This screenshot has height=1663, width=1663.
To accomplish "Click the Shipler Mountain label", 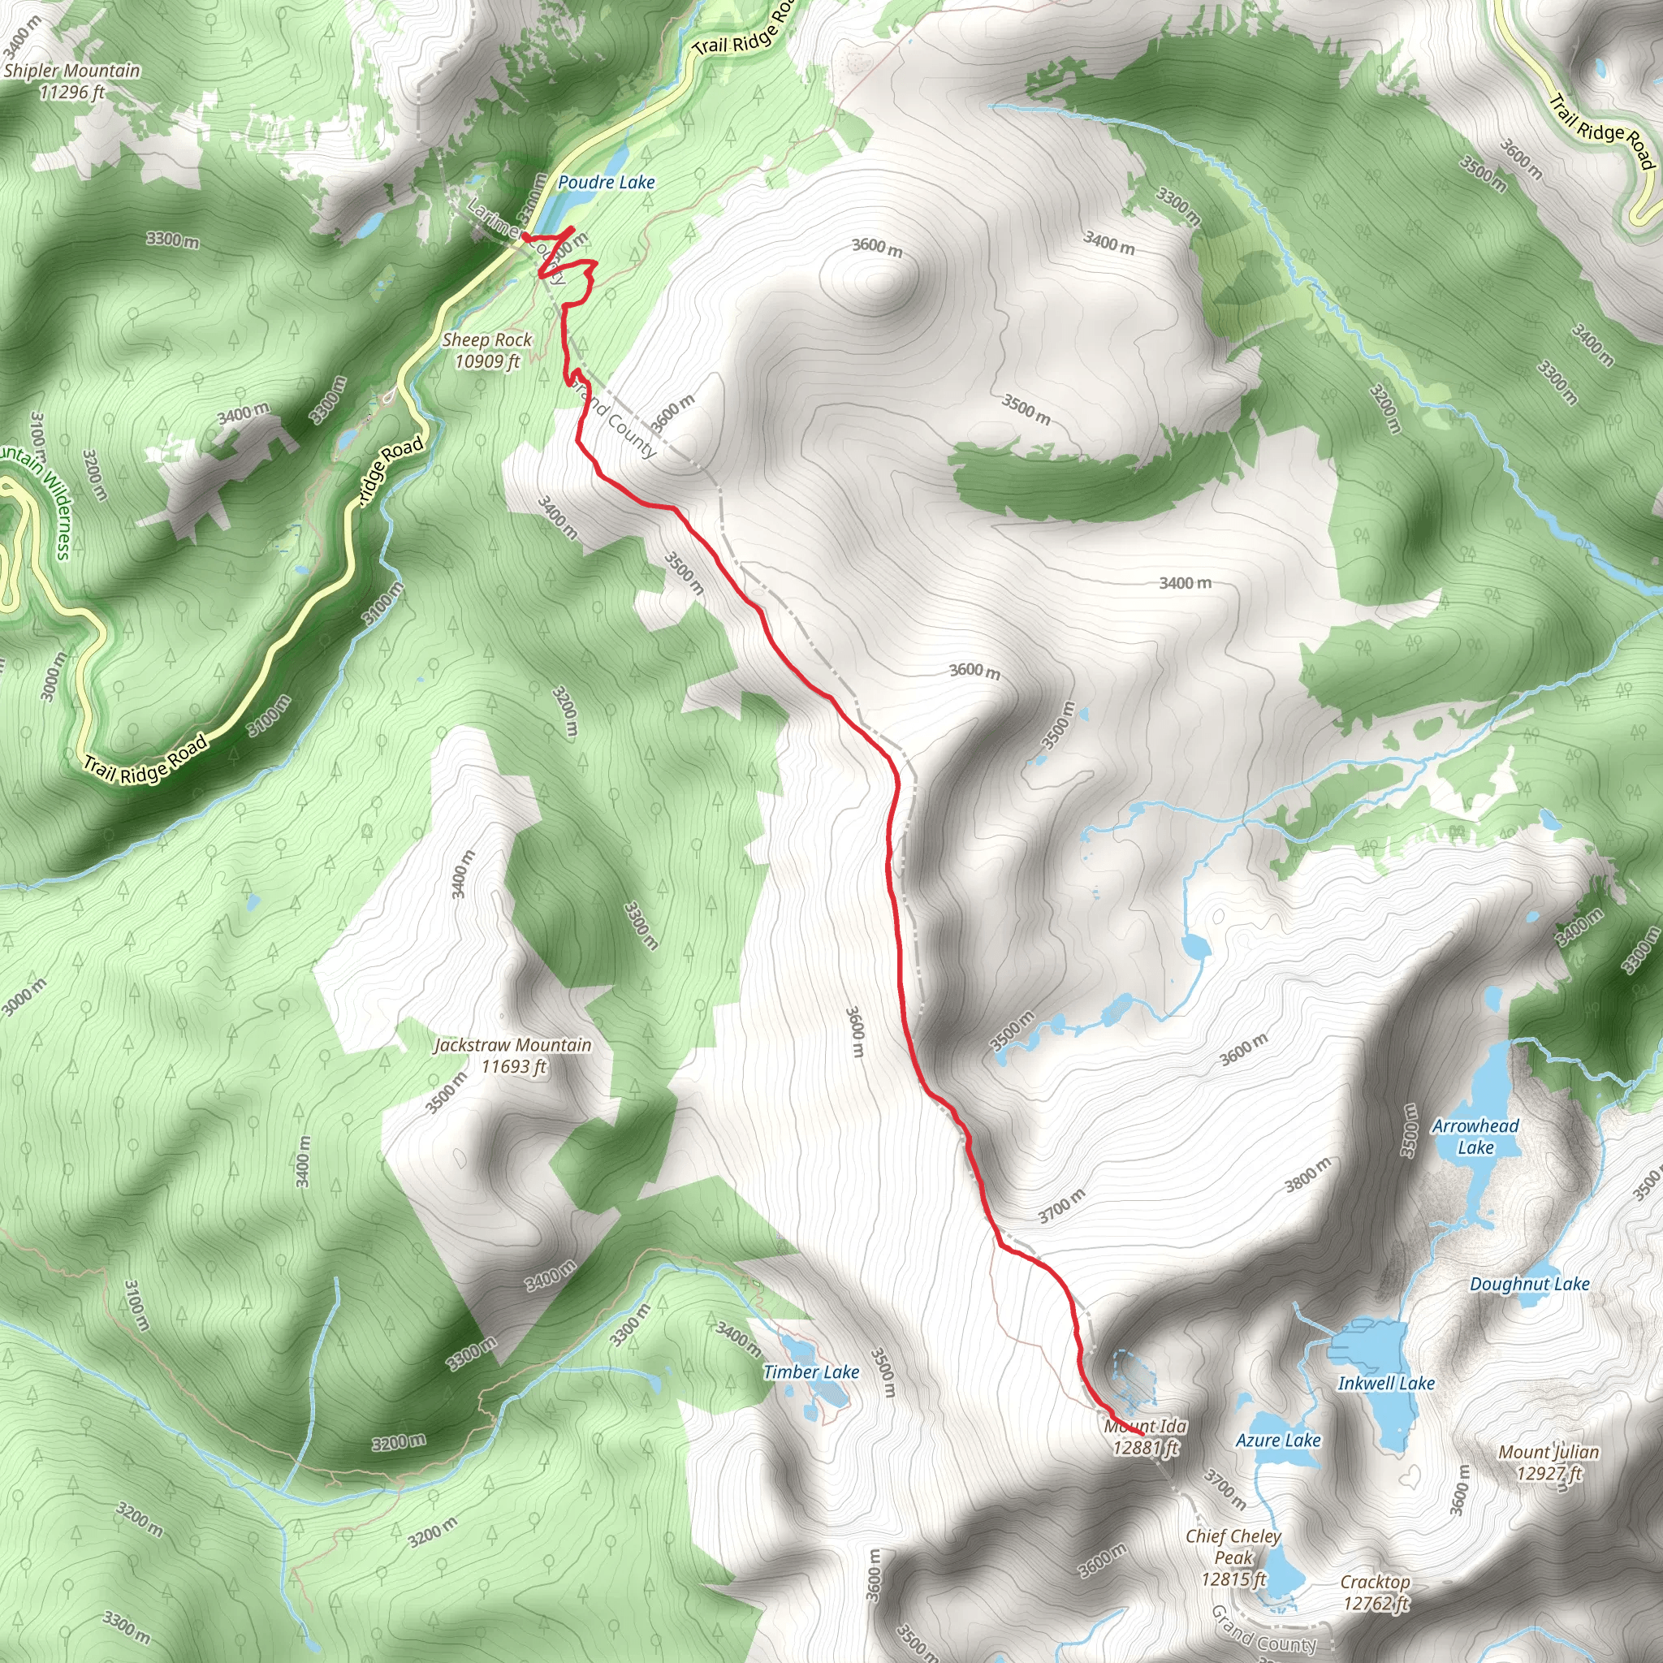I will pos(71,71).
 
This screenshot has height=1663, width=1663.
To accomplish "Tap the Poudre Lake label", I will pos(606,183).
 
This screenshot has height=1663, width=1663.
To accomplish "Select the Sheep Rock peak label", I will pos(487,341).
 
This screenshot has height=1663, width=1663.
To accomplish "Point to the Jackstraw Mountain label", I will pos(513,1045).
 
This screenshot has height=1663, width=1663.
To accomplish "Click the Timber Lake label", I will pos(811,1372).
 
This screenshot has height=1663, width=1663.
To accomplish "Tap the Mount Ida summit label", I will pos(1146,1426).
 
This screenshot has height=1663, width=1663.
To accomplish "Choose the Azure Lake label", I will pos(1277,1440).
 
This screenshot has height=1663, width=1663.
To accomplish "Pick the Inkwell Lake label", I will pos(1386,1383).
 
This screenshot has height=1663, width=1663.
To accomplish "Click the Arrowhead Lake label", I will pos(1475,1136).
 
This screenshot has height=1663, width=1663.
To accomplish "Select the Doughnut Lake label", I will pos(1530,1285).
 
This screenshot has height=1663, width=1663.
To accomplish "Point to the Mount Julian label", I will pos(1549,1452).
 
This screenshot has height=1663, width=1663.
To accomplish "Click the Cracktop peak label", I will pos(1375,1582).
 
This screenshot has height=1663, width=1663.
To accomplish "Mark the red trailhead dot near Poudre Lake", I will pos(525,235).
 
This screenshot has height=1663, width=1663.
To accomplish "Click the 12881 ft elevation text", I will pos(1146,1448).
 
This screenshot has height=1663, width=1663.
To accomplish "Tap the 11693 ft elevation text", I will pos(514,1066).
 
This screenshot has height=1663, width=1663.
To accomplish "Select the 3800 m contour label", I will pos(1307,1175).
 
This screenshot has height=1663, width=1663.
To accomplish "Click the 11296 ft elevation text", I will pos(72,92).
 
